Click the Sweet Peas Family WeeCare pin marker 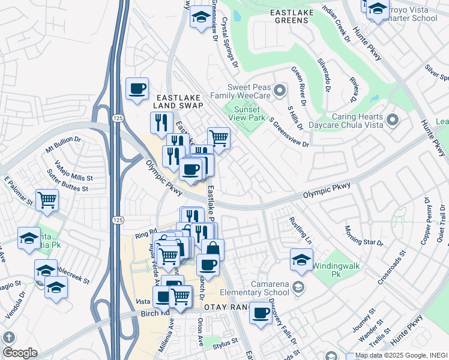coord(279,91)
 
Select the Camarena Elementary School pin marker coord(297,289)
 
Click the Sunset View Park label coord(246,113)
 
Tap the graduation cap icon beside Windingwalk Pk coord(301,259)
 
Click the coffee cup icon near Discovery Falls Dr coord(261,313)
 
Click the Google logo coord(19,352)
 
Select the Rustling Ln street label coord(301,230)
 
